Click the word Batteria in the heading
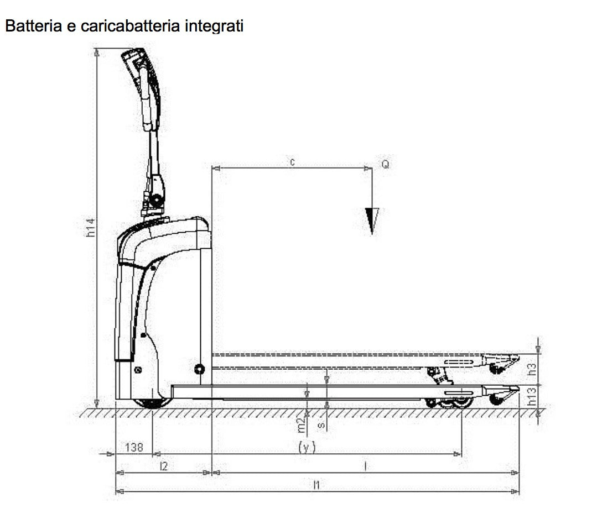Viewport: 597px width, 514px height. (x=34, y=26)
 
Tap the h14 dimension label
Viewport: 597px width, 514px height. (x=90, y=227)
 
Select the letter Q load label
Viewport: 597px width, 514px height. (x=385, y=164)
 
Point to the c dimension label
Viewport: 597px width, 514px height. (x=292, y=162)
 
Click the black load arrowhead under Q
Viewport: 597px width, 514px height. (x=372, y=221)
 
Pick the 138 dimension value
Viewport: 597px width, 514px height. (x=134, y=447)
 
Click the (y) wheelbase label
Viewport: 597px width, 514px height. (x=307, y=447)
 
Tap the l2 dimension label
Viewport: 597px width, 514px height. (x=164, y=466)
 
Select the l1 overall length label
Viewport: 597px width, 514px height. (x=317, y=485)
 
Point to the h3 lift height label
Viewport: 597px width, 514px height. (x=532, y=369)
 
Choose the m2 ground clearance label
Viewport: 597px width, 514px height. (x=301, y=425)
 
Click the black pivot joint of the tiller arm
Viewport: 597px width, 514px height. (x=155, y=200)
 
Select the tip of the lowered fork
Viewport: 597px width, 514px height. (x=518, y=389)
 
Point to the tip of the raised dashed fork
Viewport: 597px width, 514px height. (x=518, y=358)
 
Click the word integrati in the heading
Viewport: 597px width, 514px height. (x=214, y=26)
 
